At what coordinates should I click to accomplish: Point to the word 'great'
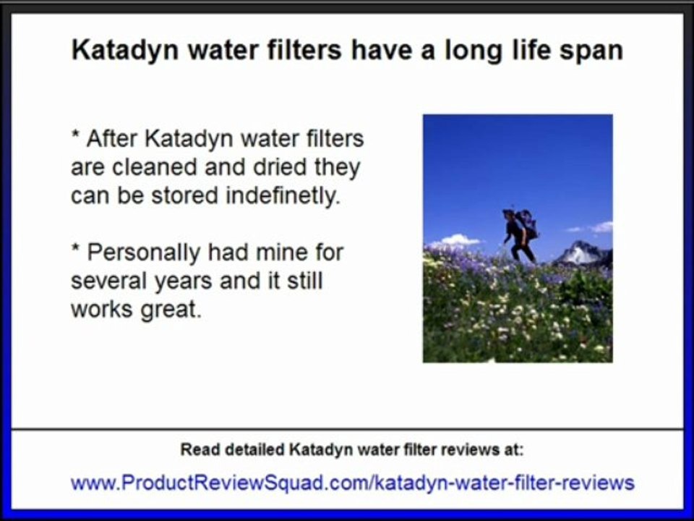167,310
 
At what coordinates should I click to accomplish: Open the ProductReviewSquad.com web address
352,483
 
